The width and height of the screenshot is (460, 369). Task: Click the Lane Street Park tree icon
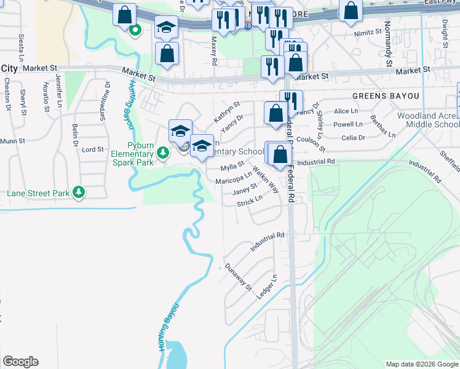pos(79,192)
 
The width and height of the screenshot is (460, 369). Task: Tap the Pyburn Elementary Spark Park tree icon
pos(163,152)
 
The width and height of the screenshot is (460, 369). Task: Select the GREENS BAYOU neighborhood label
pos(386,97)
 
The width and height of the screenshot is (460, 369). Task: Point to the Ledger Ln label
pos(265,287)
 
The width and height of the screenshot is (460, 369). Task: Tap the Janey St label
pos(244,190)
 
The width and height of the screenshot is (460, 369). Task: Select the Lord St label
pos(92,149)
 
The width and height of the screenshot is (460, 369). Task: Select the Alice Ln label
pos(345,111)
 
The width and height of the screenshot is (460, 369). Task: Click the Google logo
pos(20,362)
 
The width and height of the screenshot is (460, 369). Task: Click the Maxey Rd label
pos(214,49)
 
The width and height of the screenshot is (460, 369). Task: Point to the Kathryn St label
pos(226,111)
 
